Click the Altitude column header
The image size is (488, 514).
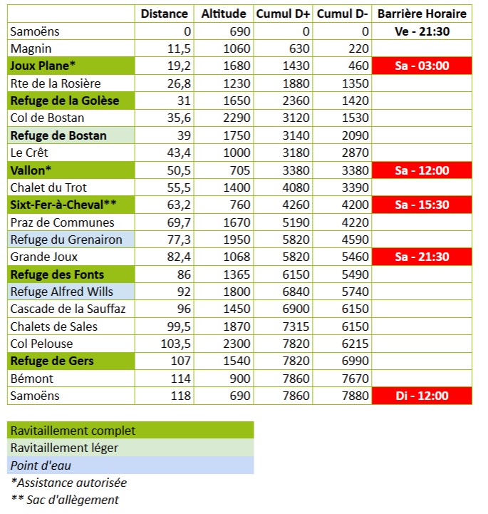pyautogui.click(x=224, y=14)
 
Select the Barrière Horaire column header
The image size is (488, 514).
pyautogui.click(x=422, y=14)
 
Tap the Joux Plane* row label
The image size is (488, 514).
pyautogui.click(x=43, y=66)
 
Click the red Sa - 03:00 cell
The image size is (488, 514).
pyautogui.click(x=422, y=66)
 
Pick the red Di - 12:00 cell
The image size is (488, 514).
pyautogui.click(x=422, y=396)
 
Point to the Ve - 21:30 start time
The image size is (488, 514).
pyautogui.click(x=422, y=31)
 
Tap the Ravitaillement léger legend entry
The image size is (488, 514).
pyautogui.click(x=65, y=448)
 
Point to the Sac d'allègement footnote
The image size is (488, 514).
pyautogui.click(x=65, y=500)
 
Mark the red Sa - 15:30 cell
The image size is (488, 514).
pyautogui.click(x=422, y=205)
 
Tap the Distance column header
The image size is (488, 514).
pyautogui.click(x=165, y=14)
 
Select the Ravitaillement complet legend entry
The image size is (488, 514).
pyautogui.click(x=73, y=431)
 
